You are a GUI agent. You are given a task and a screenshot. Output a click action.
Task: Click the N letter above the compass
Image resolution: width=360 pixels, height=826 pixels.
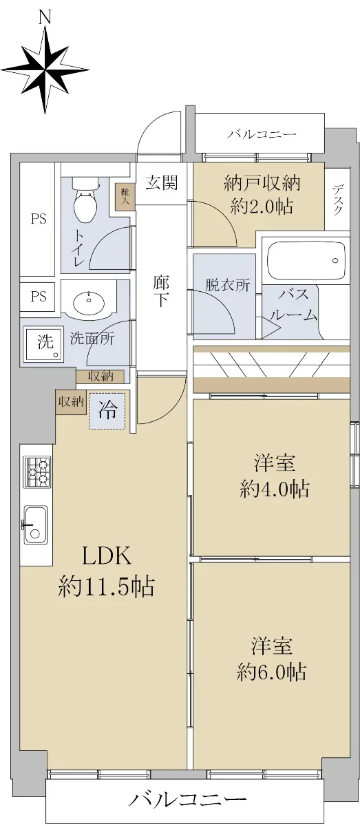click(x=45, y=17)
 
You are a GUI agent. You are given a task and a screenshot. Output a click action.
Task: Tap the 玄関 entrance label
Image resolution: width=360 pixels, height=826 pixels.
click(x=162, y=183)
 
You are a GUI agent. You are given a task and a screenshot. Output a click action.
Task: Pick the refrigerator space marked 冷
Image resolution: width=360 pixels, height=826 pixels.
click(x=107, y=410)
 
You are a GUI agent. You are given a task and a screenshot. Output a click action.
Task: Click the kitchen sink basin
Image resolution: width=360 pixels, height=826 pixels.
click(x=36, y=525)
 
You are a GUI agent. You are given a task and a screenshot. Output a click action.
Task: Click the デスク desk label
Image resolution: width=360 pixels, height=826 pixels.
click(x=337, y=200)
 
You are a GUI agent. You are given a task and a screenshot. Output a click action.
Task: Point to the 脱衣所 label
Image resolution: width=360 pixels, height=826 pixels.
click(x=228, y=285)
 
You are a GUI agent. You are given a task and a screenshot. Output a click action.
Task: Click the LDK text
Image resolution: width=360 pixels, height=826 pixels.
click(x=106, y=555)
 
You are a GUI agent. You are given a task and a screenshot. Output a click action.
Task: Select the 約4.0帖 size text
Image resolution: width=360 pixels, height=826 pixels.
click(x=274, y=489)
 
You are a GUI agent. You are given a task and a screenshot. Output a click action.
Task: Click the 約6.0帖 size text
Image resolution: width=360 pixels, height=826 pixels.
click(x=271, y=672)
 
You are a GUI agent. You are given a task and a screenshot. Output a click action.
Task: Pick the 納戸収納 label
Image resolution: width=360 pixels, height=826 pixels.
click(x=262, y=183)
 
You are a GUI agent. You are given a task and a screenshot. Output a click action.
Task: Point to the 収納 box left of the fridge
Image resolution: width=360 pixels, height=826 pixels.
click(x=71, y=402)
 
